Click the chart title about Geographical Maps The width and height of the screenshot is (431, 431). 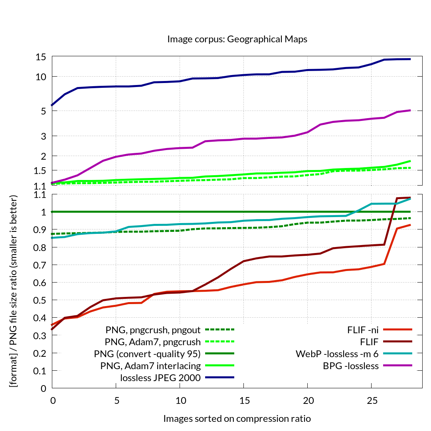click(x=237, y=39)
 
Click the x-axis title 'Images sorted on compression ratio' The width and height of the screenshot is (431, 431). click(x=237, y=419)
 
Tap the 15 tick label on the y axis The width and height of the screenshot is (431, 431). click(x=41, y=57)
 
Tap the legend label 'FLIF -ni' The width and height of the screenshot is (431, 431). click(x=363, y=330)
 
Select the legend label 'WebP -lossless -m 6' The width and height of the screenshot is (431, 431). click(x=337, y=354)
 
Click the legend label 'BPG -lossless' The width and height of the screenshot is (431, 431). click(x=351, y=366)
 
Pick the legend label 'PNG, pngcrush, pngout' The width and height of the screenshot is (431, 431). click(x=153, y=330)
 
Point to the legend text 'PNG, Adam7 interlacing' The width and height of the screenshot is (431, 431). click(x=152, y=366)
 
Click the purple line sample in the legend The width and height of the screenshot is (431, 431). click(x=397, y=366)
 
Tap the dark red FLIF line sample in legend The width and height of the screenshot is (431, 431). click(x=397, y=342)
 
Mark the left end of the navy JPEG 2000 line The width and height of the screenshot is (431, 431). click(x=52, y=105)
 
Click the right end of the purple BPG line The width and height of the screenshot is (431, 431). click(x=410, y=110)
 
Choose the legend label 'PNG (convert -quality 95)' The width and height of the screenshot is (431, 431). click(x=147, y=354)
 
